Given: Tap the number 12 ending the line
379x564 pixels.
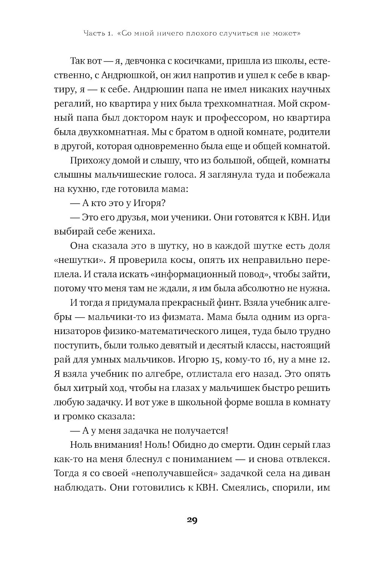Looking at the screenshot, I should (324, 359).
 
